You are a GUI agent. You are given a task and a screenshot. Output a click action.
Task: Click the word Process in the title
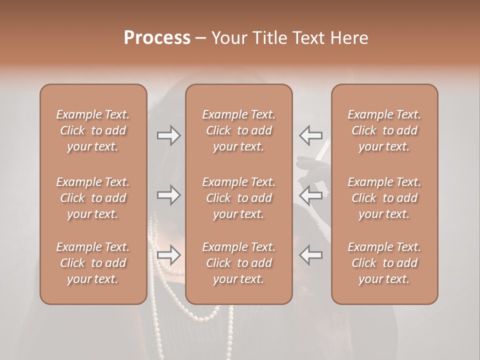(157, 38)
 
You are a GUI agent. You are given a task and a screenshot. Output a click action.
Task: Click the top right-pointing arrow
(168, 135)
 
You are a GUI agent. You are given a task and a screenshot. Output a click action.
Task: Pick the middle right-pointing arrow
(168, 195)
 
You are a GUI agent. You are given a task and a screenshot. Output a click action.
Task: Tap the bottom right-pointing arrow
(168, 255)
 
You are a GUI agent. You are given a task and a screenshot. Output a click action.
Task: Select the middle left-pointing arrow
(310, 195)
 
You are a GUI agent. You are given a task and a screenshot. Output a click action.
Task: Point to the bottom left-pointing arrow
(310, 255)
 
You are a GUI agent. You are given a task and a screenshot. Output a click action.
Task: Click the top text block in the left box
(93, 130)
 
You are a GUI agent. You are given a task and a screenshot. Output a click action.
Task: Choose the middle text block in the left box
(93, 198)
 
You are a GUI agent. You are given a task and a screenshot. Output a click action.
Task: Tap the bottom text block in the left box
(93, 263)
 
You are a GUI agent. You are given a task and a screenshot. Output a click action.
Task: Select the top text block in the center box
(239, 130)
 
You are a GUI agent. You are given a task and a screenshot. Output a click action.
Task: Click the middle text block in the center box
(239, 198)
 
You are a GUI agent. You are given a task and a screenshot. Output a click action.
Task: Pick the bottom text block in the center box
(239, 263)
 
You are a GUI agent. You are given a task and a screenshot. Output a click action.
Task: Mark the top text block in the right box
(384, 130)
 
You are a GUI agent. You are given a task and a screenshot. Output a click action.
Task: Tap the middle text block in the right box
(384, 198)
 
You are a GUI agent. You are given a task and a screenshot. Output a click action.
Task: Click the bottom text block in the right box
(384, 263)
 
